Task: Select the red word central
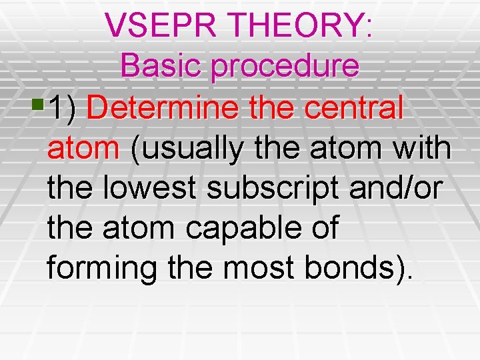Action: pos(357,108)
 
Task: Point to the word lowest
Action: pos(153,189)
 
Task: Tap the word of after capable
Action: pos(323,229)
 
